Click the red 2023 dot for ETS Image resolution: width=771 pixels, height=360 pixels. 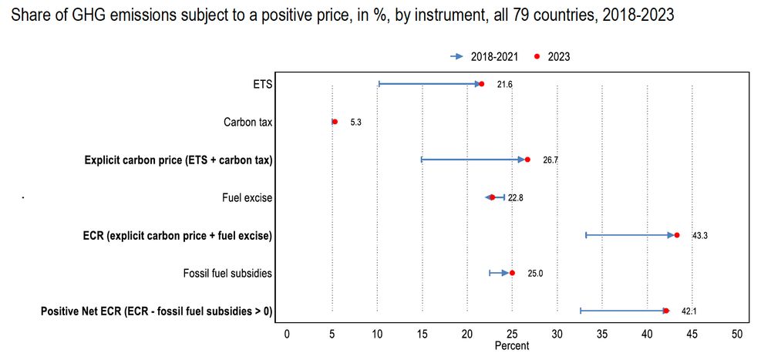point(482,84)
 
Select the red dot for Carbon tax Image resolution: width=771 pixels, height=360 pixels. point(335,122)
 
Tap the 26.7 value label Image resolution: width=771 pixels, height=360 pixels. point(550,160)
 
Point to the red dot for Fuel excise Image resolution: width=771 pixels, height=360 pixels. point(492,198)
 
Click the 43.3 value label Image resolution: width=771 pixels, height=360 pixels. point(700,236)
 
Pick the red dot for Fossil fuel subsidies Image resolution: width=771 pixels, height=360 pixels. point(512,273)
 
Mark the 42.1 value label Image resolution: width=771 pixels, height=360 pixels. point(689,311)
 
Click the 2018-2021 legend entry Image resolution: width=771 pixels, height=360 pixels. point(494,56)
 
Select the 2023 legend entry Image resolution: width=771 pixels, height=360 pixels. point(558,56)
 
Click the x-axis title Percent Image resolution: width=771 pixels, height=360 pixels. point(512,346)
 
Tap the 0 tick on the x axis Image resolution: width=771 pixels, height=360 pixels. point(287,334)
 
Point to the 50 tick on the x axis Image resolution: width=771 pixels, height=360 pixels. point(737,334)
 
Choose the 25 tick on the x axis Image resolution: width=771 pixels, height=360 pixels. point(512,334)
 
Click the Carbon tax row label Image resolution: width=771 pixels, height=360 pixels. point(247,122)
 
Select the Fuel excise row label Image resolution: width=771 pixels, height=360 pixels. point(247,198)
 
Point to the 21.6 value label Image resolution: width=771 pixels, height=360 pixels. point(505,84)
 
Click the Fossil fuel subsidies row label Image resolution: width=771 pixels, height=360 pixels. point(227,273)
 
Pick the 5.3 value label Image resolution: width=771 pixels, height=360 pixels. point(355,123)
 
